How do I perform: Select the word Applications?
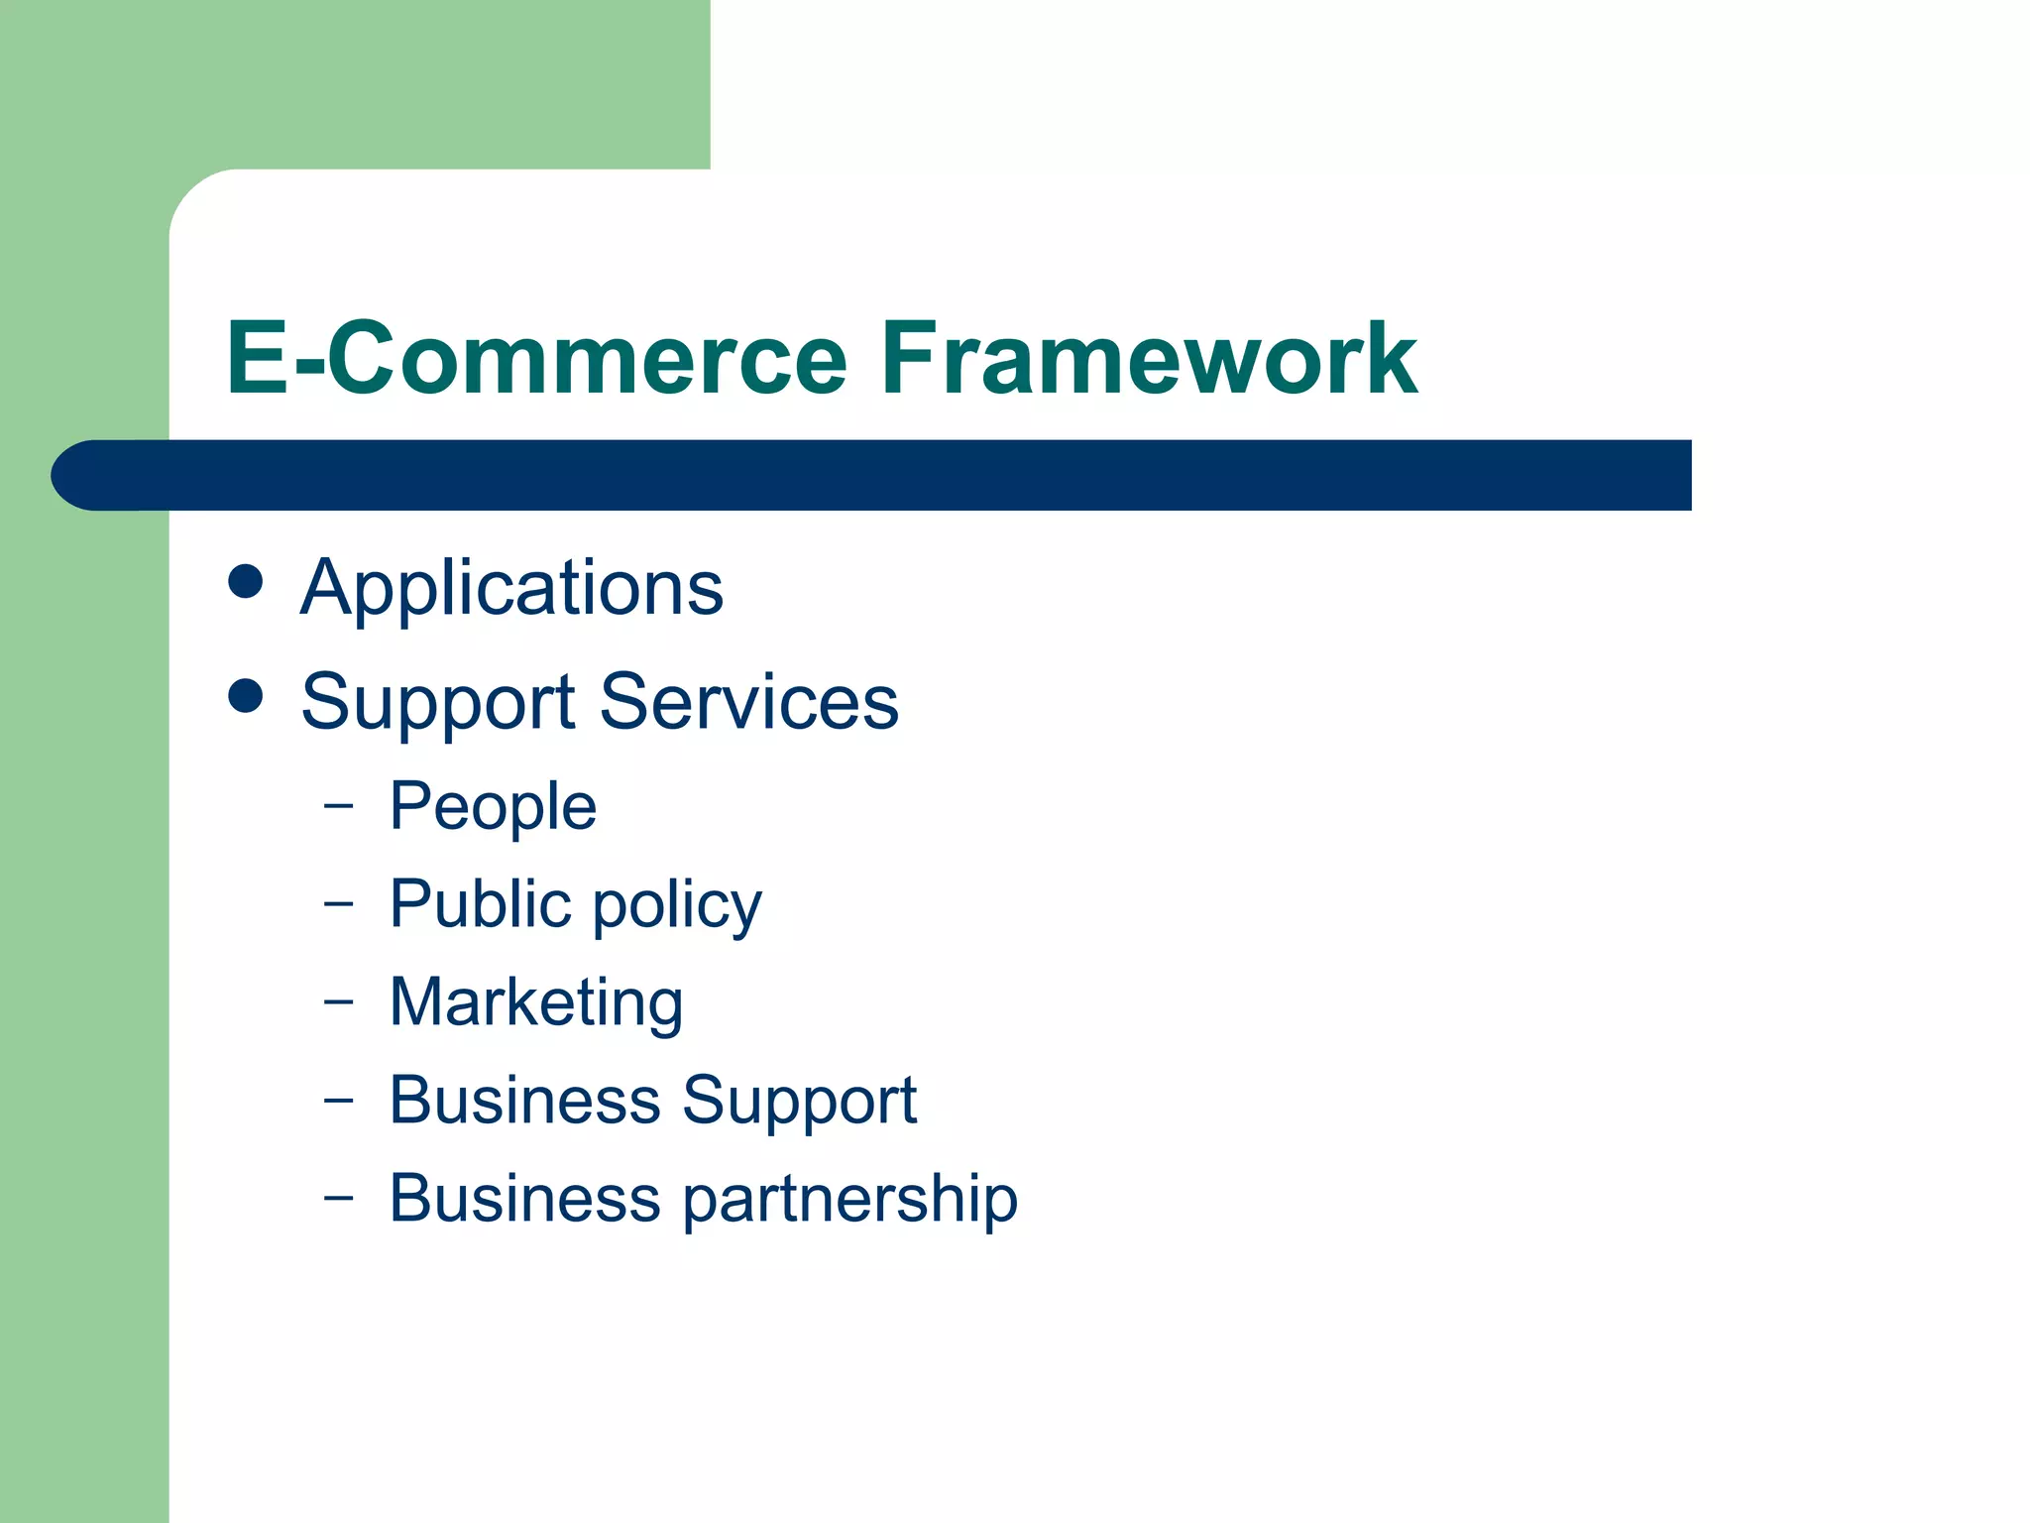pyautogui.click(x=511, y=589)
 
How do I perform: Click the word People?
pyautogui.click(x=493, y=807)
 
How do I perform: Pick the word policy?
pyautogui.click(x=677, y=907)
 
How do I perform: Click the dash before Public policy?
pyautogui.click(x=338, y=903)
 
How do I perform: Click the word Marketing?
pyautogui.click(x=536, y=1003)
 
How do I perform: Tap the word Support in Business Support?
pyautogui.click(x=799, y=1103)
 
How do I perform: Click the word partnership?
pyautogui.click(x=849, y=1201)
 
